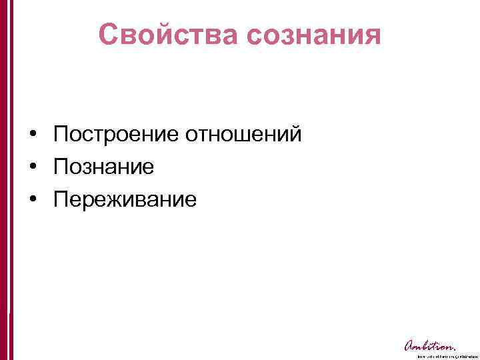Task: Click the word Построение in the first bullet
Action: pyautogui.click(x=116, y=135)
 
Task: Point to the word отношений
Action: pyautogui.click(x=243, y=135)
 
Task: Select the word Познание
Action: pyautogui.click(x=104, y=167)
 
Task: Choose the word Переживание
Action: pyautogui.click(x=125, y=199)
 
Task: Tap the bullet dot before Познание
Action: pyautogui.click(x=32, y=167)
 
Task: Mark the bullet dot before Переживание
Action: pyautogui.click(x=32, y=199)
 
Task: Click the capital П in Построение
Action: pyautogui.click(x=61, y=135)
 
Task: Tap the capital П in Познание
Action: pyautogui.click(x=61, y=167)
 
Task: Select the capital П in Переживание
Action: pyautogui.click(x=61, y=199)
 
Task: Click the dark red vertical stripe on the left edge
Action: pyautogui.click(x=5, y=180)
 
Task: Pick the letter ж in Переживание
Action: pyautogui.click(x=119, y=199)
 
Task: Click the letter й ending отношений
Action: pyautogui.click(x=295, y=135)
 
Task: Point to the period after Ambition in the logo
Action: pyautogui.click(x=455, y=349)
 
